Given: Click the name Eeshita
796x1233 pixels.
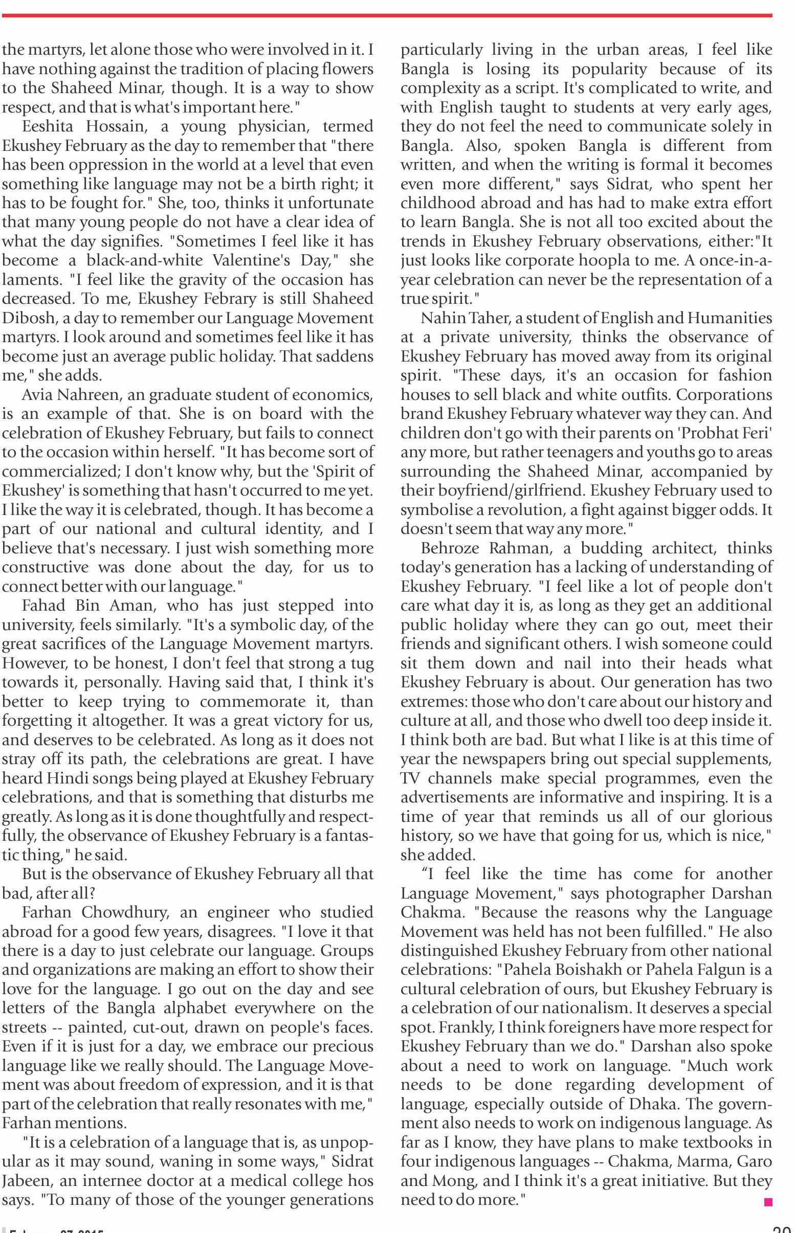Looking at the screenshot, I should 49,127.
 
